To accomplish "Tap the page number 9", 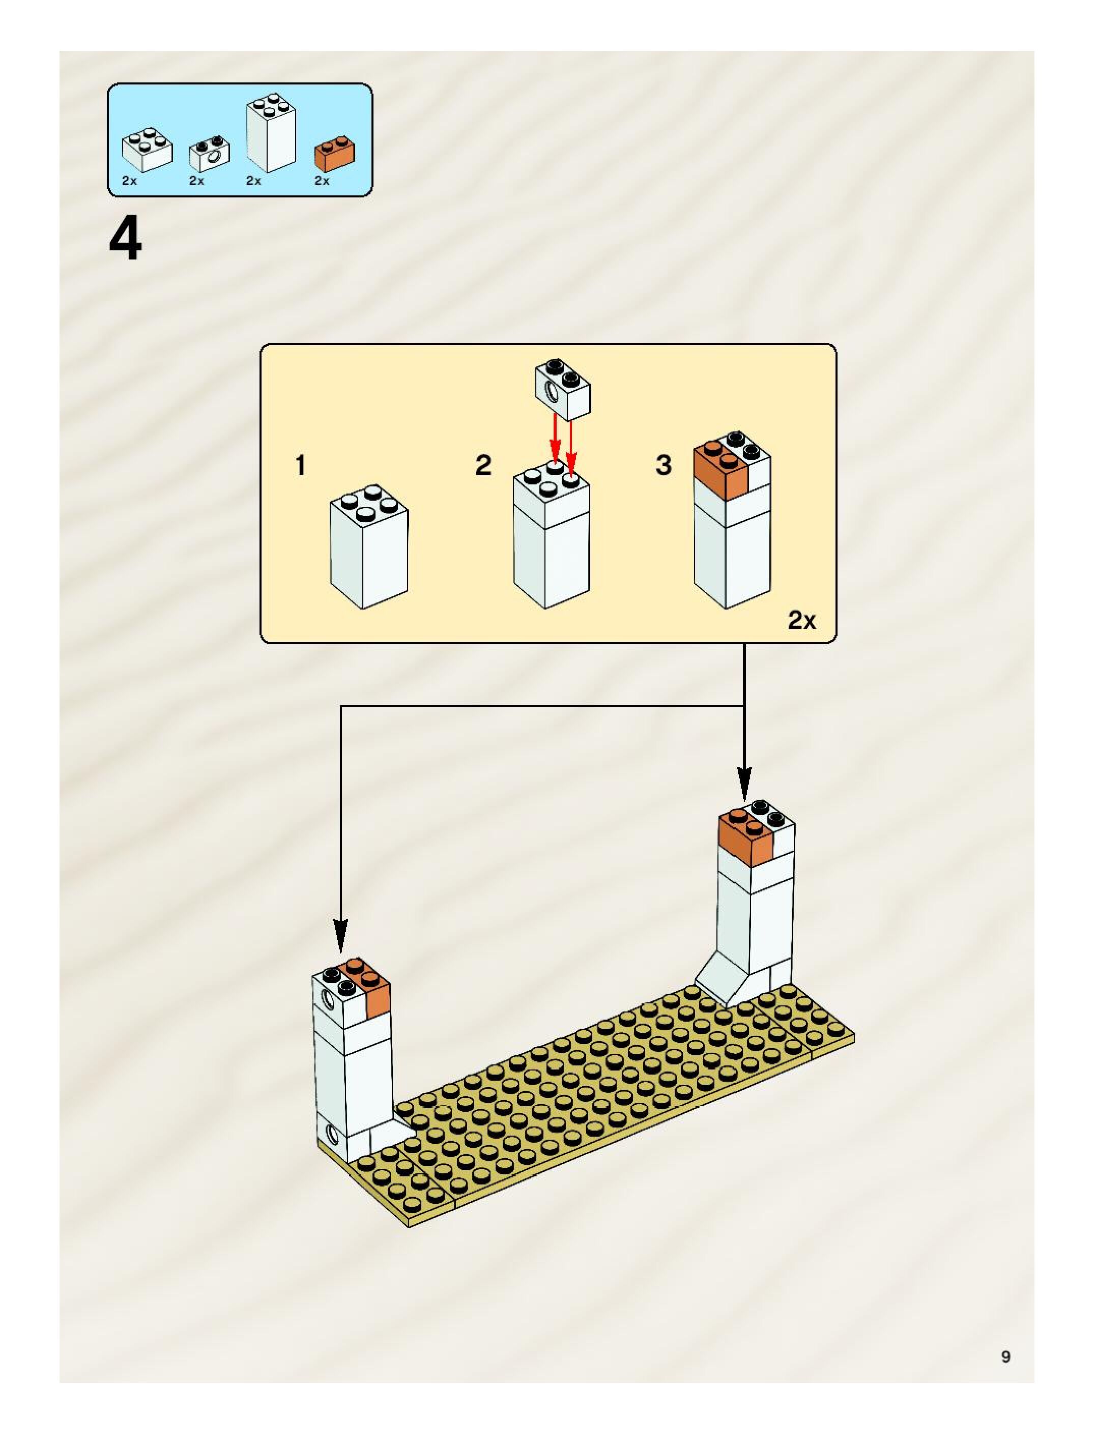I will coord(1005,1356).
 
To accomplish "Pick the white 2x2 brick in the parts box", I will coord(148,149).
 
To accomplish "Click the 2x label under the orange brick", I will coord(322,181).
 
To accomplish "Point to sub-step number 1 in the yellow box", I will coord(301,466).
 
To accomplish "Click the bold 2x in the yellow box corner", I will coord(801,620).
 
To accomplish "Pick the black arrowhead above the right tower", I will coord(744,783).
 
